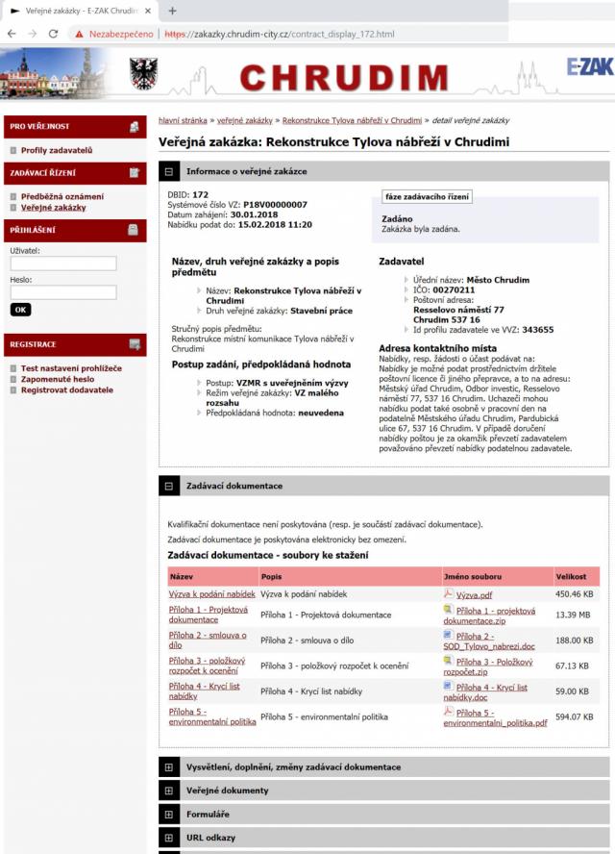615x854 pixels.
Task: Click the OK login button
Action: click(20, 310)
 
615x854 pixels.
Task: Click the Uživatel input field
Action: click(62, 263)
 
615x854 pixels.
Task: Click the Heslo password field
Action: click(62, 291)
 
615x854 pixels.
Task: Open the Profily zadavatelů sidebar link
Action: click(56, 151)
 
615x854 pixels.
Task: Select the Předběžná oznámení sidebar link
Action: click(61, 196)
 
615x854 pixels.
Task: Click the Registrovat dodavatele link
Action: click(66, 389)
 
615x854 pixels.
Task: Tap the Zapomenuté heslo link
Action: click(58, 379)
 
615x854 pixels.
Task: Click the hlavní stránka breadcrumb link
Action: click(182, 121)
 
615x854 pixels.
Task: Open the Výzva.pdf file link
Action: click(474, 594)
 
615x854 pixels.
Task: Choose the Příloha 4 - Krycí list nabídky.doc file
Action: click(491, 691)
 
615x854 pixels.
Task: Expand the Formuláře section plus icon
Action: click(168, 815)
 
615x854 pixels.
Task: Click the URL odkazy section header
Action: click(210, 838)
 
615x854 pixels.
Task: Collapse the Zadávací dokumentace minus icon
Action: click(168, 486)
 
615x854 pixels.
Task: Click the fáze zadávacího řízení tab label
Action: click(427, 196)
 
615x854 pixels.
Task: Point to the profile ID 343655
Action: click(538, 329)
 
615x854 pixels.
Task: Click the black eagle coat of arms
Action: click(143, 73)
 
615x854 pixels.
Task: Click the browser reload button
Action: click(55, 34)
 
